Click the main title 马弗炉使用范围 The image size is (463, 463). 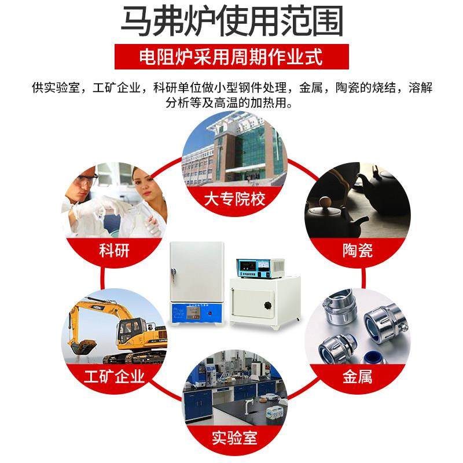pos(231,23)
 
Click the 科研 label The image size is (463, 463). pos(115,251)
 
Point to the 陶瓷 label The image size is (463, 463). pos(357,250)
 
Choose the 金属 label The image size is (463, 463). pos(357,377)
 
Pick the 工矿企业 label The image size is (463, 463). pos(113,377)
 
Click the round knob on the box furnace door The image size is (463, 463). pos(267,304)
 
